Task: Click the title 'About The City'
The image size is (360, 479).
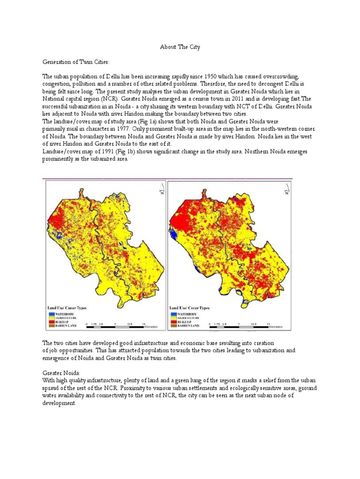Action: (x=180, y=47)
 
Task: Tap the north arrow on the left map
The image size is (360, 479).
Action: (x=161, y=188)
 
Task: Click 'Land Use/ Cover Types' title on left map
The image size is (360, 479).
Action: (x=67, y=308)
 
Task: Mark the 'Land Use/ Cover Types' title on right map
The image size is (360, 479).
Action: (x=189, y=308)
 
